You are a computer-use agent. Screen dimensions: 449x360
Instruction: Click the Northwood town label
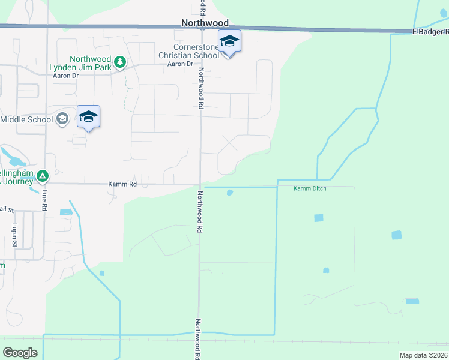point(205,23)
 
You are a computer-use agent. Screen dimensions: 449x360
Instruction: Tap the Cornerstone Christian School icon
point(229,42)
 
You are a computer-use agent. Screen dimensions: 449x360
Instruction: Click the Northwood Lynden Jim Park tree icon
point(120,62)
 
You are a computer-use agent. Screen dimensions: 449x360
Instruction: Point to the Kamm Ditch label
point(309,189)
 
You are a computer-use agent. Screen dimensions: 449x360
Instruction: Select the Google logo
point(20,353)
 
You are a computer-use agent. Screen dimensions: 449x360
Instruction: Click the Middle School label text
point(26,119)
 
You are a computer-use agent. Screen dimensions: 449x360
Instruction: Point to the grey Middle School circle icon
point(62,119)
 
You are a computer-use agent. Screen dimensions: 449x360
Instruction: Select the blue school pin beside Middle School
point(88,117)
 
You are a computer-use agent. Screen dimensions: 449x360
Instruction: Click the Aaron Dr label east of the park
point(179,64)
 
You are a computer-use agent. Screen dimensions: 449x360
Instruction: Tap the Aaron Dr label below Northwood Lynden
point(66,76)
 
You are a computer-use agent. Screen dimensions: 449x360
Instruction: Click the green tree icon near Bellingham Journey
point(42,176)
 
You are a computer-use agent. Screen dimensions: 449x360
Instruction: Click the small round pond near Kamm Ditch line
point(229,193)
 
